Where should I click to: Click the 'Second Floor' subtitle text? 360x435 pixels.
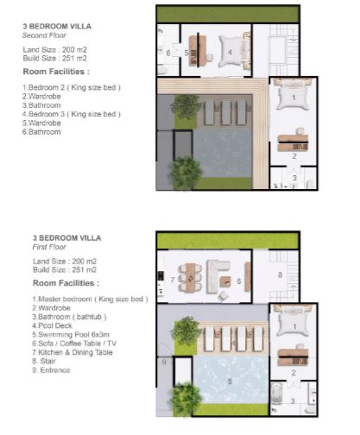point(44,35)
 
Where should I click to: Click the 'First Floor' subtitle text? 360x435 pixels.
point(49,247)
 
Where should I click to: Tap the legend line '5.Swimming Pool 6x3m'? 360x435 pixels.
point(71,335)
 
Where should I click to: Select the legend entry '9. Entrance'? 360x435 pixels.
point(51,370)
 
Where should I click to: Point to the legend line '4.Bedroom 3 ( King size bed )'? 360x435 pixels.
point(72,114)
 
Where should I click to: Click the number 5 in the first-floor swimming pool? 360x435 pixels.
point(230,381)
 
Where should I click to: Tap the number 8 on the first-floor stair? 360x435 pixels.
point(280,275)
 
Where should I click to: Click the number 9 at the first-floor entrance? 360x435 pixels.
point(164,362)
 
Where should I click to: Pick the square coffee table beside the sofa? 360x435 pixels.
point(225,281)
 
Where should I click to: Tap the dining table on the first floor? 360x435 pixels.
point(190,277)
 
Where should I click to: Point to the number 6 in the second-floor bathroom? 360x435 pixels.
point(168,54)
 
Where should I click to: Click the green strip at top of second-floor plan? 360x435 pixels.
point(227,14)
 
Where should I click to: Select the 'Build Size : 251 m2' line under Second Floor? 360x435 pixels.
point(54,59)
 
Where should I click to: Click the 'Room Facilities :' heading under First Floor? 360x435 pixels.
point(66,283)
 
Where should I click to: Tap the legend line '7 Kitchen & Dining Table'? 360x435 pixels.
point(73,352)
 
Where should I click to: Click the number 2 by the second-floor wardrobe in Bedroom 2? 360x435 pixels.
point(294,156)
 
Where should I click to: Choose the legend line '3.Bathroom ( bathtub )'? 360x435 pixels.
point(69,317)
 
